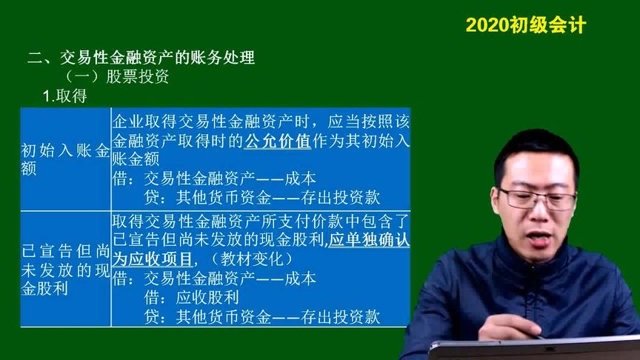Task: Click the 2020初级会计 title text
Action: tap(525, 25)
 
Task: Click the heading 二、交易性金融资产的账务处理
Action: tap(141, 58)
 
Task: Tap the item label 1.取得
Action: tap(65, 96)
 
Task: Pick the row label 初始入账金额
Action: tap(65, 159)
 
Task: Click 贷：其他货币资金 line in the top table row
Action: tap(263, 197)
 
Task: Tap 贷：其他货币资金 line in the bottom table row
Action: tap(263, 317)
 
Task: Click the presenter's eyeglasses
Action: tap(537, 198)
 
